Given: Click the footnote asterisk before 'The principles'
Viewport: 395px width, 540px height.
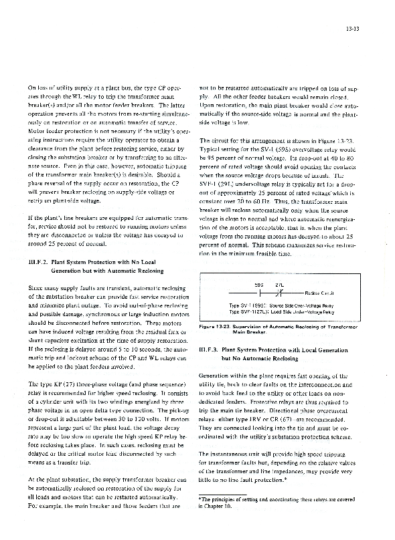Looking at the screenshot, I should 200,518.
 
